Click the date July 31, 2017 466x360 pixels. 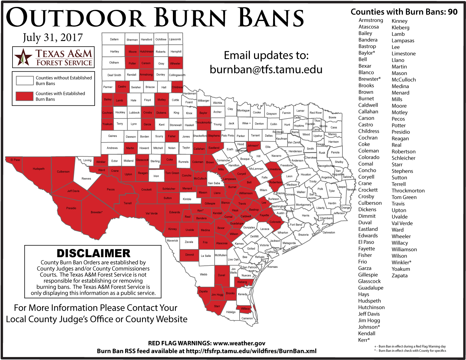coord(53,37)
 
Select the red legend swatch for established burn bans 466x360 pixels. coord(25,96)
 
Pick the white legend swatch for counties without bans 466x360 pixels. coord(25,80)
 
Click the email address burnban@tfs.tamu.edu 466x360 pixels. coord(266,69)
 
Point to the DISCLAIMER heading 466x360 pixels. coord(93,253)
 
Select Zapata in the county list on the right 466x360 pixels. coord(399,276)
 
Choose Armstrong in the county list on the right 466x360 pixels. coord(371,20)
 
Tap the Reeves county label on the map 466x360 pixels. coord(86,179)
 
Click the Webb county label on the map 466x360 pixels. coord(203,274)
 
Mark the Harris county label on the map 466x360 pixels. coord(306,215)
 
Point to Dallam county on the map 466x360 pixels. coord(114,39)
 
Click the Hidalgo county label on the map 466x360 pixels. coord(231,312)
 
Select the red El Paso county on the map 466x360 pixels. coord(15,160)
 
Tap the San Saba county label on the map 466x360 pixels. coord(214,183)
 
